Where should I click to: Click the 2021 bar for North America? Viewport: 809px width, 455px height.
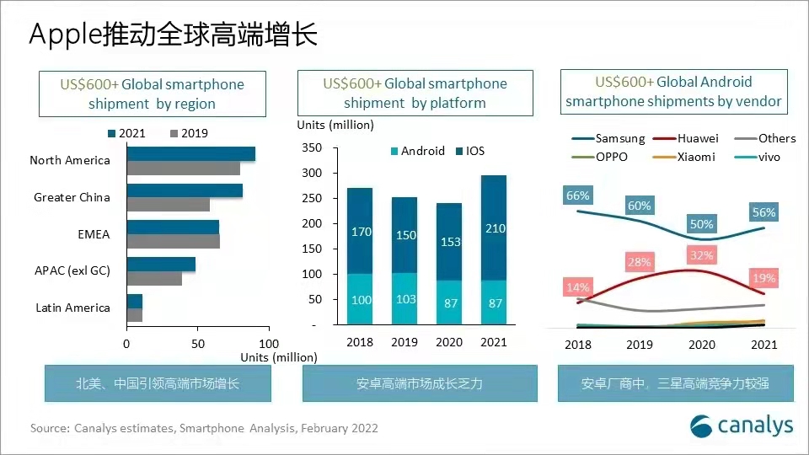190,153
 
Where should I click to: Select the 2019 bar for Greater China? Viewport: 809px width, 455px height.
168,204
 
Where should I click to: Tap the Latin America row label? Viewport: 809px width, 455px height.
72,308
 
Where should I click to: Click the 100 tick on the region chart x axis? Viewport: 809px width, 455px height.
269,344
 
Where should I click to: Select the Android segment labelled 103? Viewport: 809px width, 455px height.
405,299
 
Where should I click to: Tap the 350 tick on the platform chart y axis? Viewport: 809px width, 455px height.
311,148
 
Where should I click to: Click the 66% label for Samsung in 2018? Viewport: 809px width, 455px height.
578,195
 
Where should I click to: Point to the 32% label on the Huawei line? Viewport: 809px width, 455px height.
702,254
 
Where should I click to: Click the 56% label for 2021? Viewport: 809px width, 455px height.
764,212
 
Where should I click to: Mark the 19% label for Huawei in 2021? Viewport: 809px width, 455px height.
764,278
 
